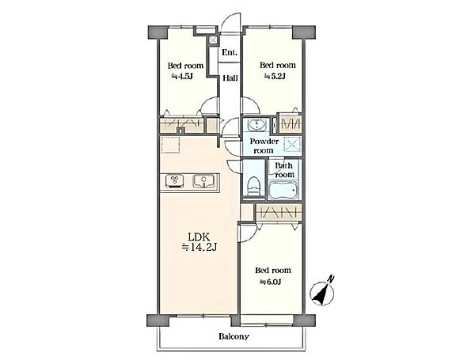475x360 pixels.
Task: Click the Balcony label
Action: click(x=234, y=336)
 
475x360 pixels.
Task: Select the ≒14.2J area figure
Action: click(x=199, y=248)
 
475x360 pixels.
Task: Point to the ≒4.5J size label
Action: click(x=182, y=76)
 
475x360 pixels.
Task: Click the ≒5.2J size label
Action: click(x=275, y=76)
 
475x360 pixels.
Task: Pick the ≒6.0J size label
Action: click(x=271, y=282)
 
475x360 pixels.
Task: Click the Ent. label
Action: click(x=230, y=52)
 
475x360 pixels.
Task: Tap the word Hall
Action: click(x=230, y=78)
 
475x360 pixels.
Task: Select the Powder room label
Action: click(x=264, y=146)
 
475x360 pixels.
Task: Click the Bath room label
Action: click(x=284, y=170)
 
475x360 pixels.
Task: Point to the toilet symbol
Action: click(x=253, y=186)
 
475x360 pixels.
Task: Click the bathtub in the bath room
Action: click(x=284, y=191)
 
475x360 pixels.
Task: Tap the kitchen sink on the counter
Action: click(x=204, y=181)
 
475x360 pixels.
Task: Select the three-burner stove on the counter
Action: click(x=175, y=181)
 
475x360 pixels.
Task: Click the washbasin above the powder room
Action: click(x=256, y=124)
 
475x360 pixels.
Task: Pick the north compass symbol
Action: click(x=322, y=293)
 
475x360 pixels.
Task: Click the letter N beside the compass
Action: click(x=332, y=279)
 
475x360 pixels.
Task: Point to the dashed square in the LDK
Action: click(x=170, y=145)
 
